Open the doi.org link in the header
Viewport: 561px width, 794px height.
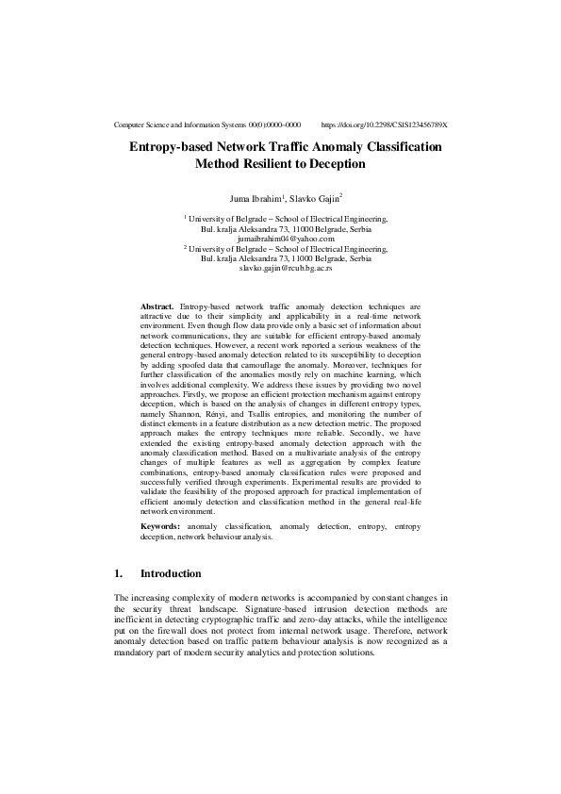(384, 124)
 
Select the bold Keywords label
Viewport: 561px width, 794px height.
(161, 524)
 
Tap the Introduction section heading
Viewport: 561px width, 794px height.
(170, 573)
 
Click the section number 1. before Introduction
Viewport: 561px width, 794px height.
(118, 573)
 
